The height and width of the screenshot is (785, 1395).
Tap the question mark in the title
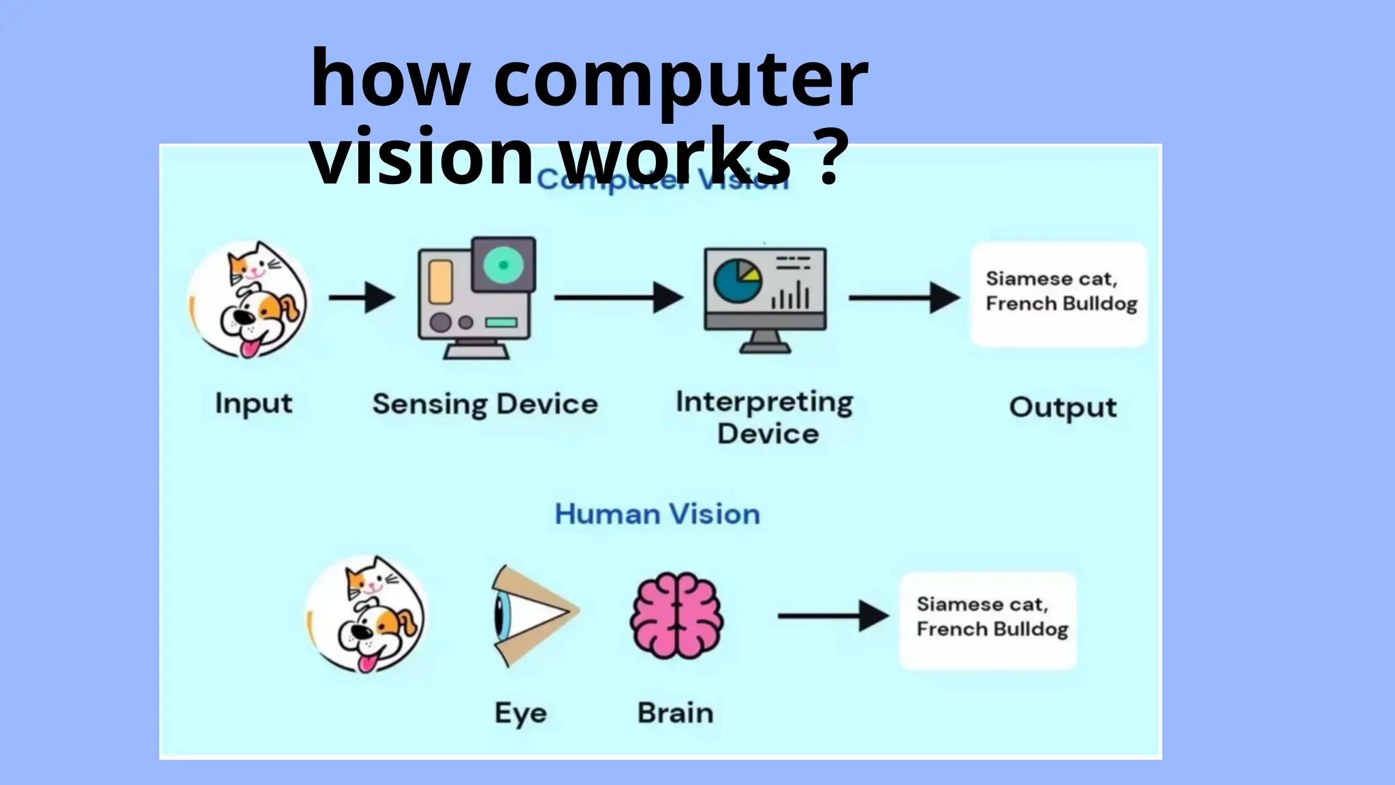click(x=830, y=157)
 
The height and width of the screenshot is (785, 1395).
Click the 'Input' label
click(x=253, y=403)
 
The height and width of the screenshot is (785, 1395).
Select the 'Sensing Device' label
click(x=485, y=404)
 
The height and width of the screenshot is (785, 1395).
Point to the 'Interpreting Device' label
click(x=765, y=417)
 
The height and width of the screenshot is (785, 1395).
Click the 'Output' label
click(x=1063, y=407)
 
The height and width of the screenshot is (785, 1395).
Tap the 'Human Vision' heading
click(x=657, y=514)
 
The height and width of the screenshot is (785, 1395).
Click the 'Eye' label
click(x=520, y=713)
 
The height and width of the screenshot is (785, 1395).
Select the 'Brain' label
click(x=676, y=713)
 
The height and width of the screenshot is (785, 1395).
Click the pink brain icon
click(x=676, y=615)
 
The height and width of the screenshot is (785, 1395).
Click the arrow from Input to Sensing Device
click(x=362, y=298)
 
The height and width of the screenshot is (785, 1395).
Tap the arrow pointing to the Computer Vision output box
click(x=903, y=298)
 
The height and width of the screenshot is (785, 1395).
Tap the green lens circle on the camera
click(x=503, y=265)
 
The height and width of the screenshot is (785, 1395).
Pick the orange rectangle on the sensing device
click(x=441, y=281)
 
